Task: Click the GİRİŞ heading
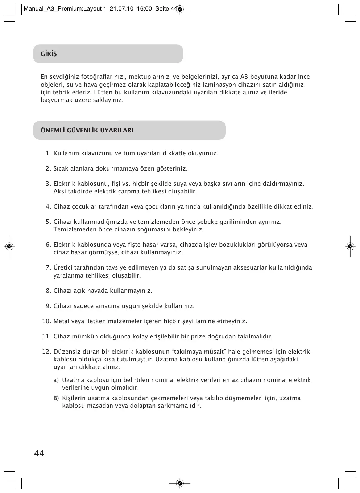click(x=49, y=54)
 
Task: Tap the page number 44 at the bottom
click(x=39, y=453)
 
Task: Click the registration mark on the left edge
click(x=10, y=247)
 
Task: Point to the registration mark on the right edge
click(x=350, y=247)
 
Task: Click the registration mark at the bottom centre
click(x=180, y=483)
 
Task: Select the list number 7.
click(x=48, y=268)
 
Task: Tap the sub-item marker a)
click(x=56, y=380)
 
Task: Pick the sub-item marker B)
click(x=56, y=398)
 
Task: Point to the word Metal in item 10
click(x=61, y=321)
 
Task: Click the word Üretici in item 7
click(x=63, y=268)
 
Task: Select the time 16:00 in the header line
click(x=144, y=9)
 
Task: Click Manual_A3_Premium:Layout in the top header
click(x=62, y=9)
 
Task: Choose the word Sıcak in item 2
click(x=61, y=169)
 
